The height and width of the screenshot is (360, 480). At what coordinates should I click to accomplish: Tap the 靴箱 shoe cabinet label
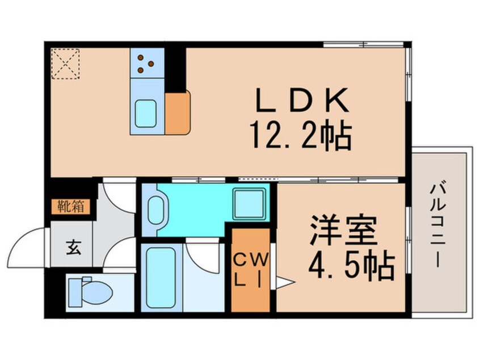click(71, 206)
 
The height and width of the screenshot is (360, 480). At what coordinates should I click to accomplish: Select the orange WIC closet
click(250, 270)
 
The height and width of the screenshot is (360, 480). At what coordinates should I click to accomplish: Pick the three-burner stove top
click(146, 64)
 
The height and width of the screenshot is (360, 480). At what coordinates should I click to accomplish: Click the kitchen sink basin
click(147, 114)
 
